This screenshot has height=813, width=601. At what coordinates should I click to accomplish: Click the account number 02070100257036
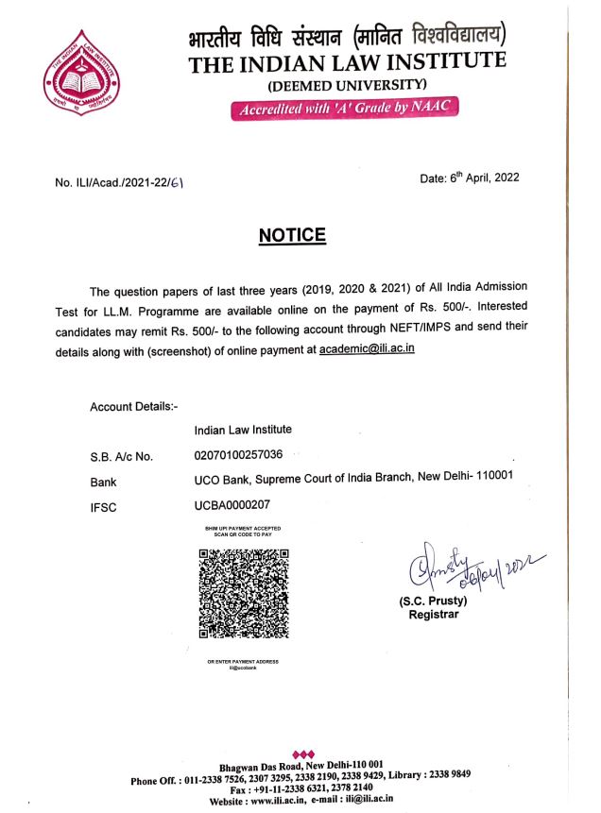(237, 455)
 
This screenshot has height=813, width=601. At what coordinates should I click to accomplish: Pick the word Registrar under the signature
(433, 615)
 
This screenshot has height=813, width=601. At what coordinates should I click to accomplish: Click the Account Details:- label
(133, 407)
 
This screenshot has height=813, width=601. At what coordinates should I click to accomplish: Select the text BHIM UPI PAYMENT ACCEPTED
(243, 528)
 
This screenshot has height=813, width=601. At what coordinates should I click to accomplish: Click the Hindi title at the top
(348, 38)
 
